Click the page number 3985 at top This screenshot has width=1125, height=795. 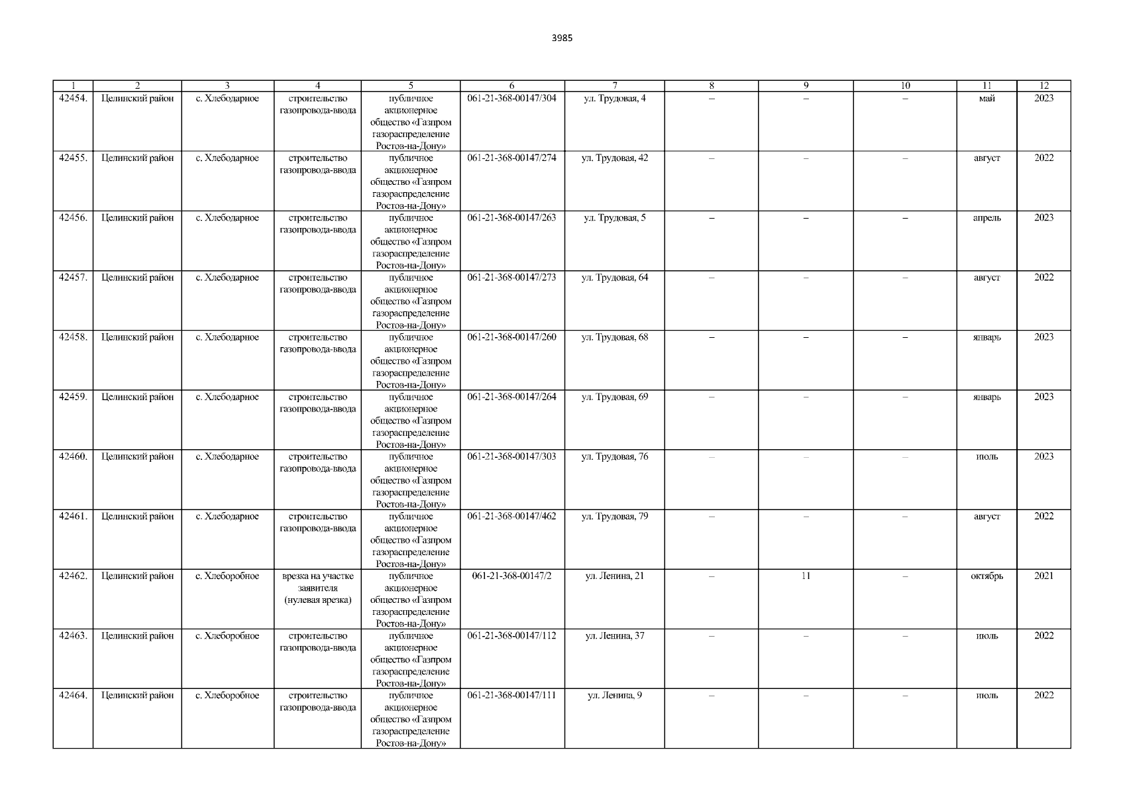point(562,38)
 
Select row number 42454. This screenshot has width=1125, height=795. point(73,99)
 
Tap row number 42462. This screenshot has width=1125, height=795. point(73,576)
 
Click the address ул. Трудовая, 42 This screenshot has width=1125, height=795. point(614,158)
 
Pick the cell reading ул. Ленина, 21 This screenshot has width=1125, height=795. point(614,576)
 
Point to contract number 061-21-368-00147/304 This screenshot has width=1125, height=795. point(511,99)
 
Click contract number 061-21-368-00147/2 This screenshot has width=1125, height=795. point(511,576)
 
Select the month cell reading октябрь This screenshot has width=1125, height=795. point(987,576)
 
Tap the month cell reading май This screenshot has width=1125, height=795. point(987,99)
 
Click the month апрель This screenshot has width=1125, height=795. point(987,218)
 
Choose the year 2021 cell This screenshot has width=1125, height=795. point(1044,576)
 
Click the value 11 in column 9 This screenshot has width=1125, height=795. point(806,576)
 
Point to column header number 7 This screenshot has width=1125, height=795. point(614,85)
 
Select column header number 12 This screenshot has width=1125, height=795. point(1044,85)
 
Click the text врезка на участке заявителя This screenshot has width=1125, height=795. point(318,582)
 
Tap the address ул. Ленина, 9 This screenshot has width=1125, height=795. point(614,696)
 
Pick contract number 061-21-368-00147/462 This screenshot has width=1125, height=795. point(511,517)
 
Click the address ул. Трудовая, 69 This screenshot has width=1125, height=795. point(614,397)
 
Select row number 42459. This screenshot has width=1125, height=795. point(73,397)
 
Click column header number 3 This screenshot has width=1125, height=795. point(227,85)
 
